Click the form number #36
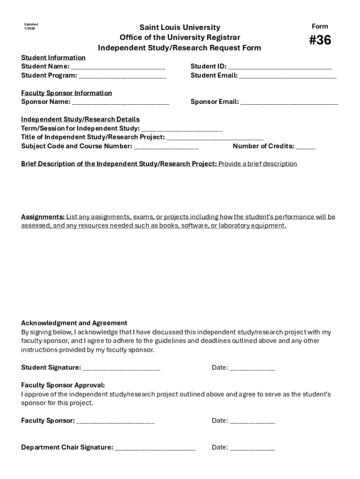click(x=320, y=41)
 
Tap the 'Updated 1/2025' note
click(x=31, y=27)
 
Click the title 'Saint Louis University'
click(x=180, y=28)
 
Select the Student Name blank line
click(x=118, y=67)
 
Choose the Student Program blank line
click(x=122, y=76)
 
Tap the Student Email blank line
click(x=288, y=76)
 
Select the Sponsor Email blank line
click(x=289, y=102)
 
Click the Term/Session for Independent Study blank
click(x=181, y=129)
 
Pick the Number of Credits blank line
click(x=305, y=146)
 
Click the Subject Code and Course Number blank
click(x=166, y=146)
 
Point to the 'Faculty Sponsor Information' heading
click(x=66, y=93)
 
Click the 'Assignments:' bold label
click(x=43, y=217)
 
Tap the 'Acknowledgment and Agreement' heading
click(x=74, y=323)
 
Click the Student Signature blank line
click(x=121, y=368)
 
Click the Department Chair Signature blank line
click(x=155, y=448)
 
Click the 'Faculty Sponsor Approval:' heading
click(x=63, y=385)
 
